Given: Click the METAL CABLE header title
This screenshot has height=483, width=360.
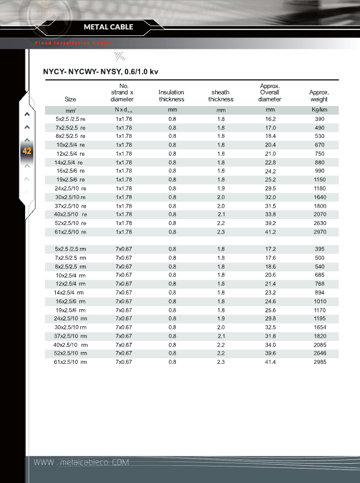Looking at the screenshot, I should tap(108, 27).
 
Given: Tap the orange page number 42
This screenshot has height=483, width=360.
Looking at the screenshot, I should tap(27, 151).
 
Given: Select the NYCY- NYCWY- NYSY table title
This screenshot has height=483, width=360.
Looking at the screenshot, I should tap(100, 71).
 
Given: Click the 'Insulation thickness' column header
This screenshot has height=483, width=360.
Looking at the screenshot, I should tap(171, 96).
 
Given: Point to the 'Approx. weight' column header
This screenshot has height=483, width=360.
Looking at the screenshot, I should tap(319, 96).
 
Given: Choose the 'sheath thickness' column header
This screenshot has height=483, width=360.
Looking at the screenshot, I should tap(221, 96).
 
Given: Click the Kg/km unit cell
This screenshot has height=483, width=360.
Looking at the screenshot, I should tap(319, 110).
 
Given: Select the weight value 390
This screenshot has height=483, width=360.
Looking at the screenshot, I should tap(319, 119).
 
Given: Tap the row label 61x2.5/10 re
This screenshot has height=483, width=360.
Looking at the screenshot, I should tap(70, 232).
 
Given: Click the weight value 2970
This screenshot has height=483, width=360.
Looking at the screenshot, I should tap(319, 232).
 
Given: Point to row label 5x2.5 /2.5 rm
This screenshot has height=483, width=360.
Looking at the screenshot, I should tap(70, 250).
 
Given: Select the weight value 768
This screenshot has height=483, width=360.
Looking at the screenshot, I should tap(319, 284).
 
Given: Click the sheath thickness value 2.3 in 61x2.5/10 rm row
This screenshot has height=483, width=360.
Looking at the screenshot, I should tap(221, 362).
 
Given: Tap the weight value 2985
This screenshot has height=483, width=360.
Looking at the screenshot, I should tap(319, 362).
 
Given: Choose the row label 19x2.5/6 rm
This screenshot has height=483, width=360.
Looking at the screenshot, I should tap(70, 310).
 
